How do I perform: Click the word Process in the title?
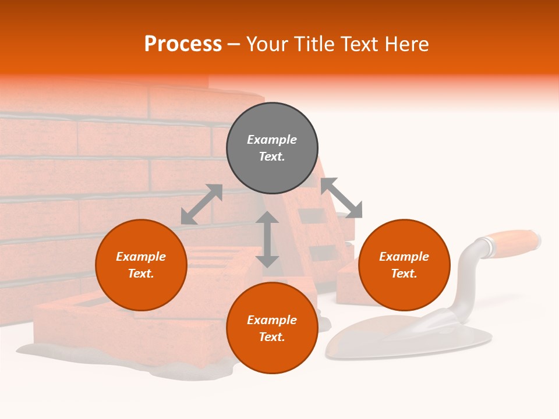pos(183,44)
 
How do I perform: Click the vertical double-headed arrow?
pos(267,239)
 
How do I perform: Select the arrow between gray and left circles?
pos(201,204)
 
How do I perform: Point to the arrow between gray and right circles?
pos(341,198)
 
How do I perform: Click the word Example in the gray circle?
pos(272,140)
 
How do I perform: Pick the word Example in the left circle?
pos(141,257)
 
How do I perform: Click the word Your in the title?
pos(267,44)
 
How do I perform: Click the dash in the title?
pos(233,45)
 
